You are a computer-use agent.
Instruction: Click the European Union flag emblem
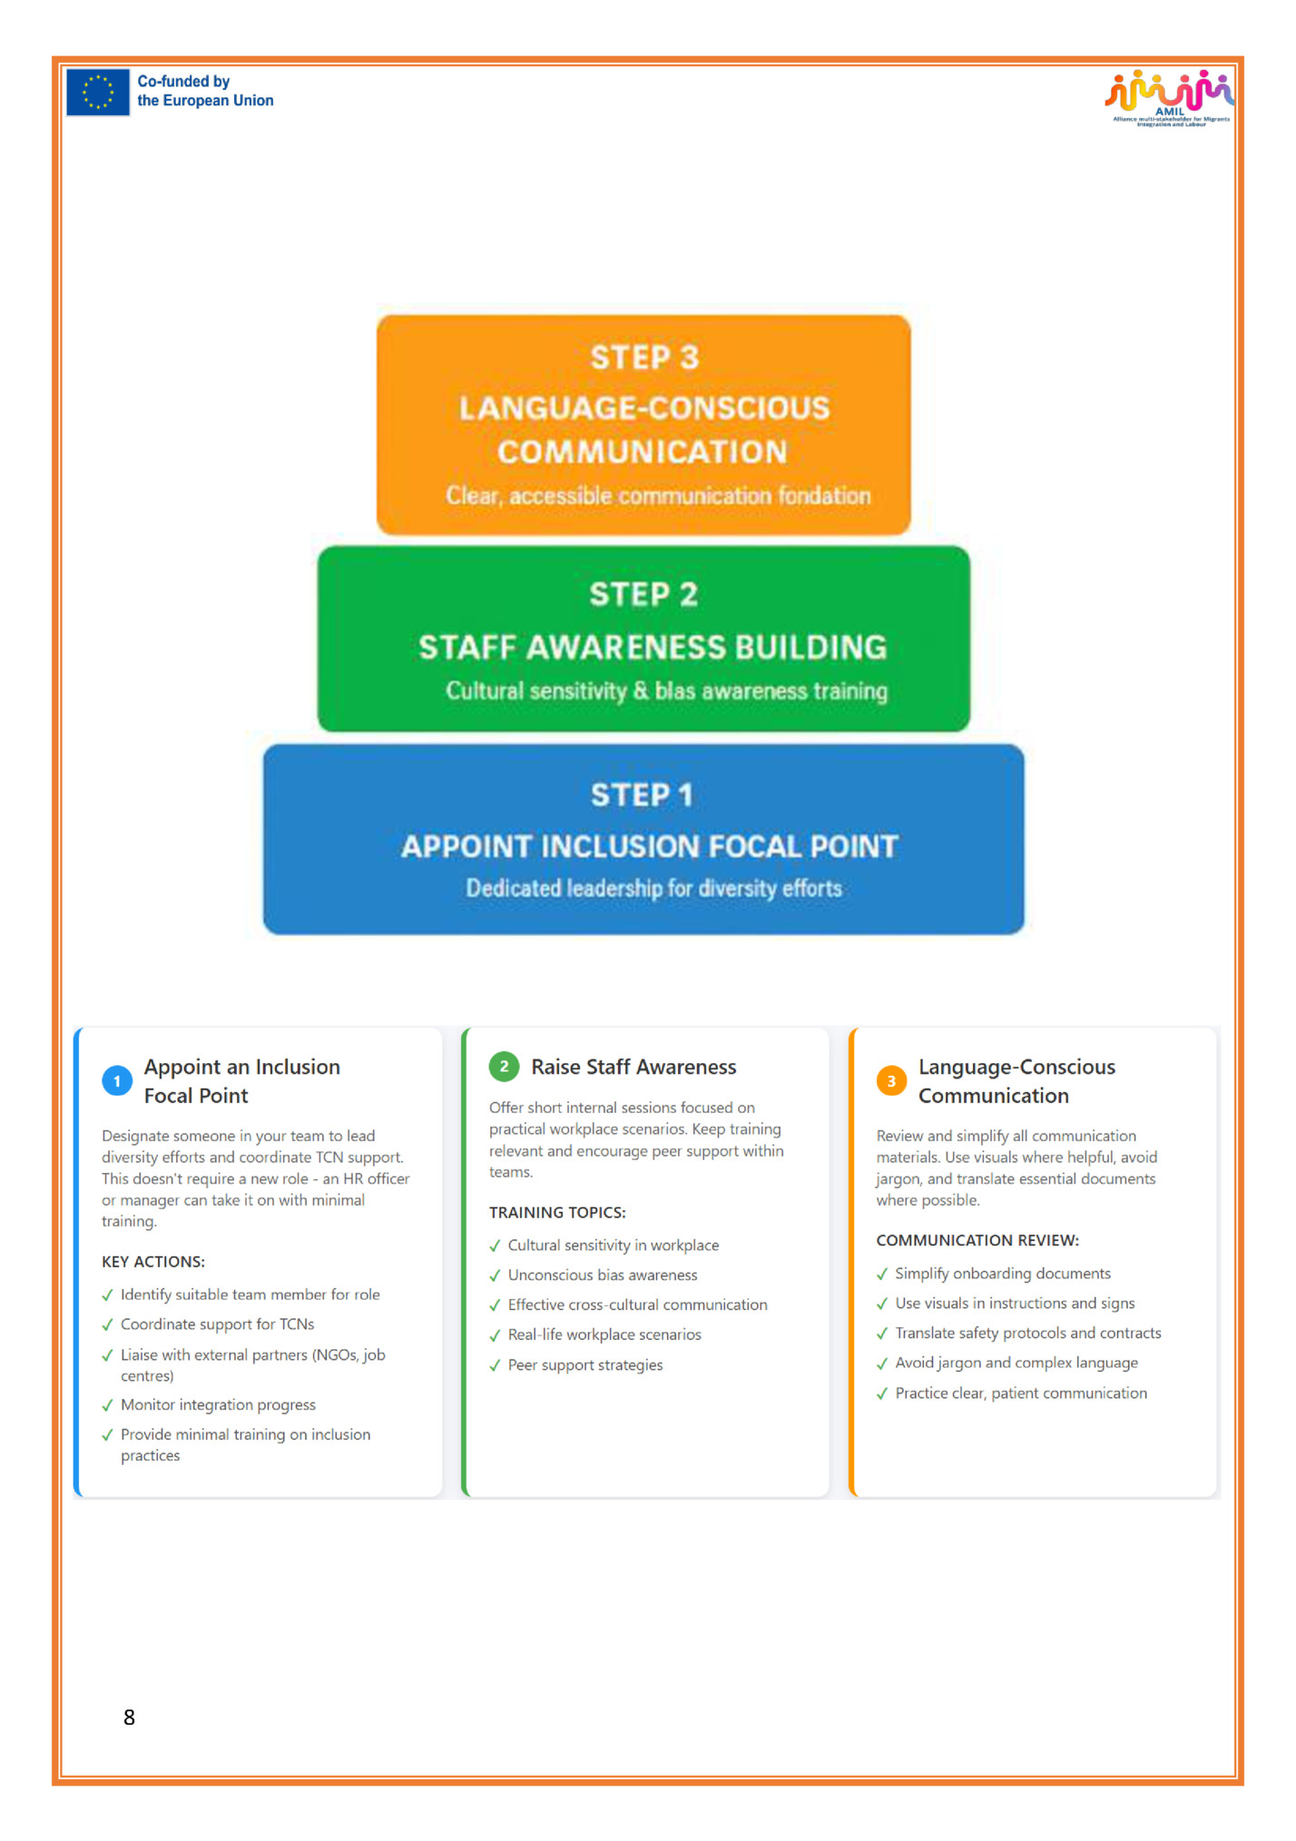point(97,93)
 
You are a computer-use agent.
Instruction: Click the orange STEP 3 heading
point(644,358)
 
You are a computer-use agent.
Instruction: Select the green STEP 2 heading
point(643,595)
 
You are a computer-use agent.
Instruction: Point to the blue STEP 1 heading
point(642,795)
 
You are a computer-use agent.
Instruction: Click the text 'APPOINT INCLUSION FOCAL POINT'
point(649,846)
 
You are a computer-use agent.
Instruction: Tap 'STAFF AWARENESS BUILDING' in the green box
point(652,647)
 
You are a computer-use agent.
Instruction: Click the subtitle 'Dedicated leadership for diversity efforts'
point(653,888)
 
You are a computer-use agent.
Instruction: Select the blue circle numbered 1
point(117,1080)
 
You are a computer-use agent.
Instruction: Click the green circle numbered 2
point(504,1067)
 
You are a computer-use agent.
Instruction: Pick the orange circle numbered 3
point(891,1080)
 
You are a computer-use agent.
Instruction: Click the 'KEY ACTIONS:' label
point(153,1262)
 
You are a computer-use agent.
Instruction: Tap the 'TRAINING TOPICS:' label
point(557,1213)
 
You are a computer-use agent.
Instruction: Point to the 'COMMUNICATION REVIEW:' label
point(977,1240)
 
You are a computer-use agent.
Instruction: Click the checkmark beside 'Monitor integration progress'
point(108,1405)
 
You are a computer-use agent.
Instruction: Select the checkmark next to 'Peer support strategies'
point(495,1365)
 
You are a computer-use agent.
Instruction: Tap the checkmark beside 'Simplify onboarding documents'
point(882,1274)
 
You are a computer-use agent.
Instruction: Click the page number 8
point(129,1718)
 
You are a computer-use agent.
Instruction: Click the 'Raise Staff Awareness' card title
point(633,1067)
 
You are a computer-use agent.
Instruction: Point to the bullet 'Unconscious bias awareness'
point(603,1275)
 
